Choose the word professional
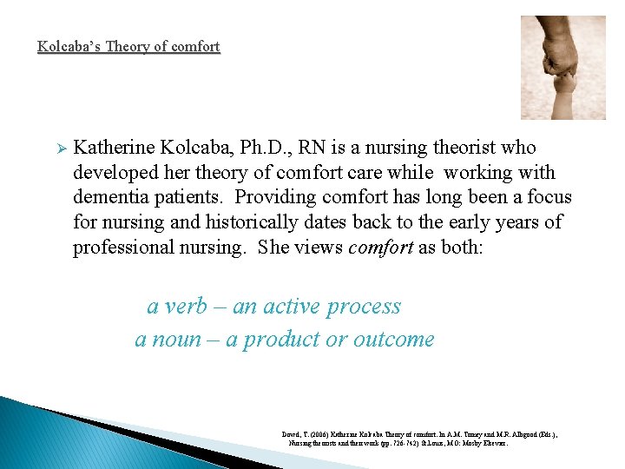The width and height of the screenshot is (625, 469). [128, 248]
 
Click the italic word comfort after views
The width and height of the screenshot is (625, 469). [380, 248]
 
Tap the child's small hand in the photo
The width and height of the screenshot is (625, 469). [565, 87]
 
